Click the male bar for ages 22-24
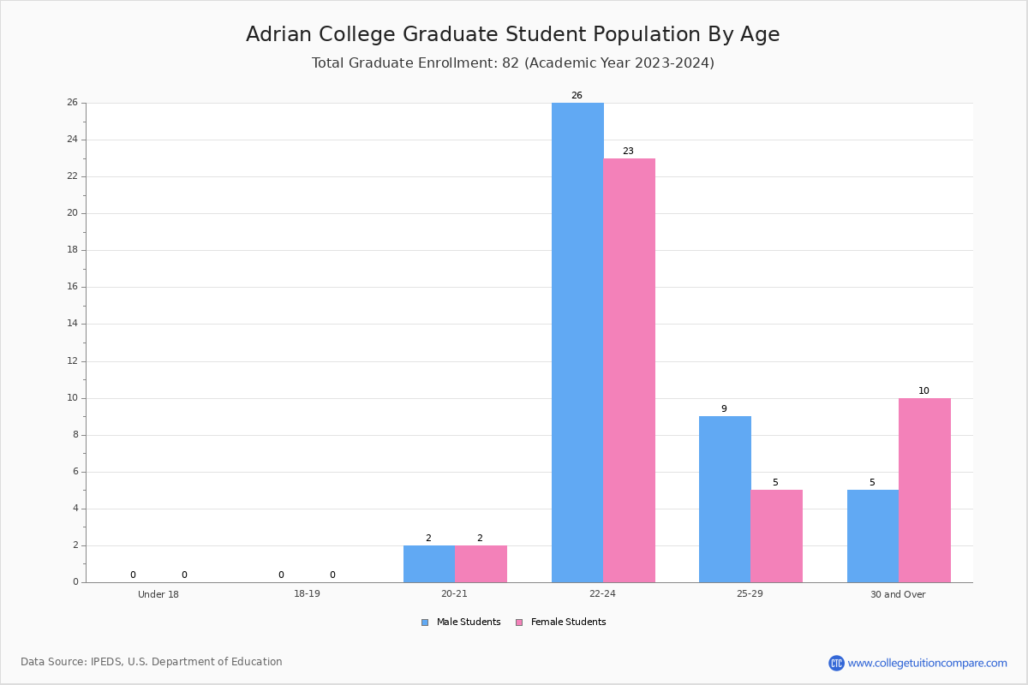pyautogui.click(x=577, y=342)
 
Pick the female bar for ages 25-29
pyautogui.click(x=776, y=536)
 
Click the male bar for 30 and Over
pyautogui.click(x=873, y=536)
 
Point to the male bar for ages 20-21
pyautogui.click(x=429, y=563)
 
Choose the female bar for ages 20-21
pyautogui.click(x=481, y=563)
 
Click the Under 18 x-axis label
pyautogui.click(x=158, y=594)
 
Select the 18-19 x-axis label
pyautogui.click(x=307, y=594)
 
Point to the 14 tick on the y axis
pyautogui.click(x=73, y=324)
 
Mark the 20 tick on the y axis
pyautogui.click(x=73, y=213)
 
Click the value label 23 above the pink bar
pyautogui.click(x=628, y=152)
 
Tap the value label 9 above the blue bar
pyautogui.click(x=724, y=409)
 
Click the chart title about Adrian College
pyautogui.click(x=512, y=34)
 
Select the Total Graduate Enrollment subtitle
pyautogui.click(x=512, y=63)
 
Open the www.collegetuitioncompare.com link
pyautogui.click(x=927, y=663)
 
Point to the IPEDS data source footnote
pyautogui.click(x=152, y=662)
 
